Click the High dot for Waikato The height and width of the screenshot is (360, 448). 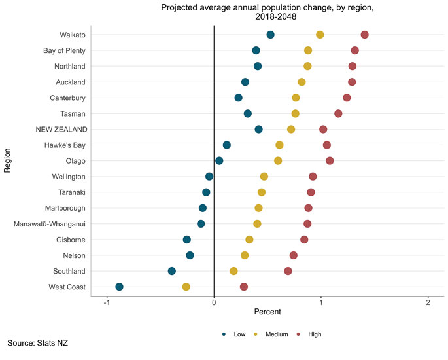tap(364, 35)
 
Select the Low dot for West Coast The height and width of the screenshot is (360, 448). tap(119, 287)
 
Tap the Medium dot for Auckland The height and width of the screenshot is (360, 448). tap(302, 82)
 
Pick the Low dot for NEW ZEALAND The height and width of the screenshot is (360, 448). tap(258, 130)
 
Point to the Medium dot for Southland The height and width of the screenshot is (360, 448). tap(233, 271)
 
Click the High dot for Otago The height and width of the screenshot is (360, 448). tap(330, 161)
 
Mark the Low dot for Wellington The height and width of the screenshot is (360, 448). tap(209, 177)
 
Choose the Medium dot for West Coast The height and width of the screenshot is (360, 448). tap(186, 287)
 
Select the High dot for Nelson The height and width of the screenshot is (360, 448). tap(293, 255)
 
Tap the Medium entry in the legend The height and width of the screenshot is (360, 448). tap(273, 334)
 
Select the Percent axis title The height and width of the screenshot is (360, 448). tap(267, 312)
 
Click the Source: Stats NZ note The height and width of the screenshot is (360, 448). tap(38, 343)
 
